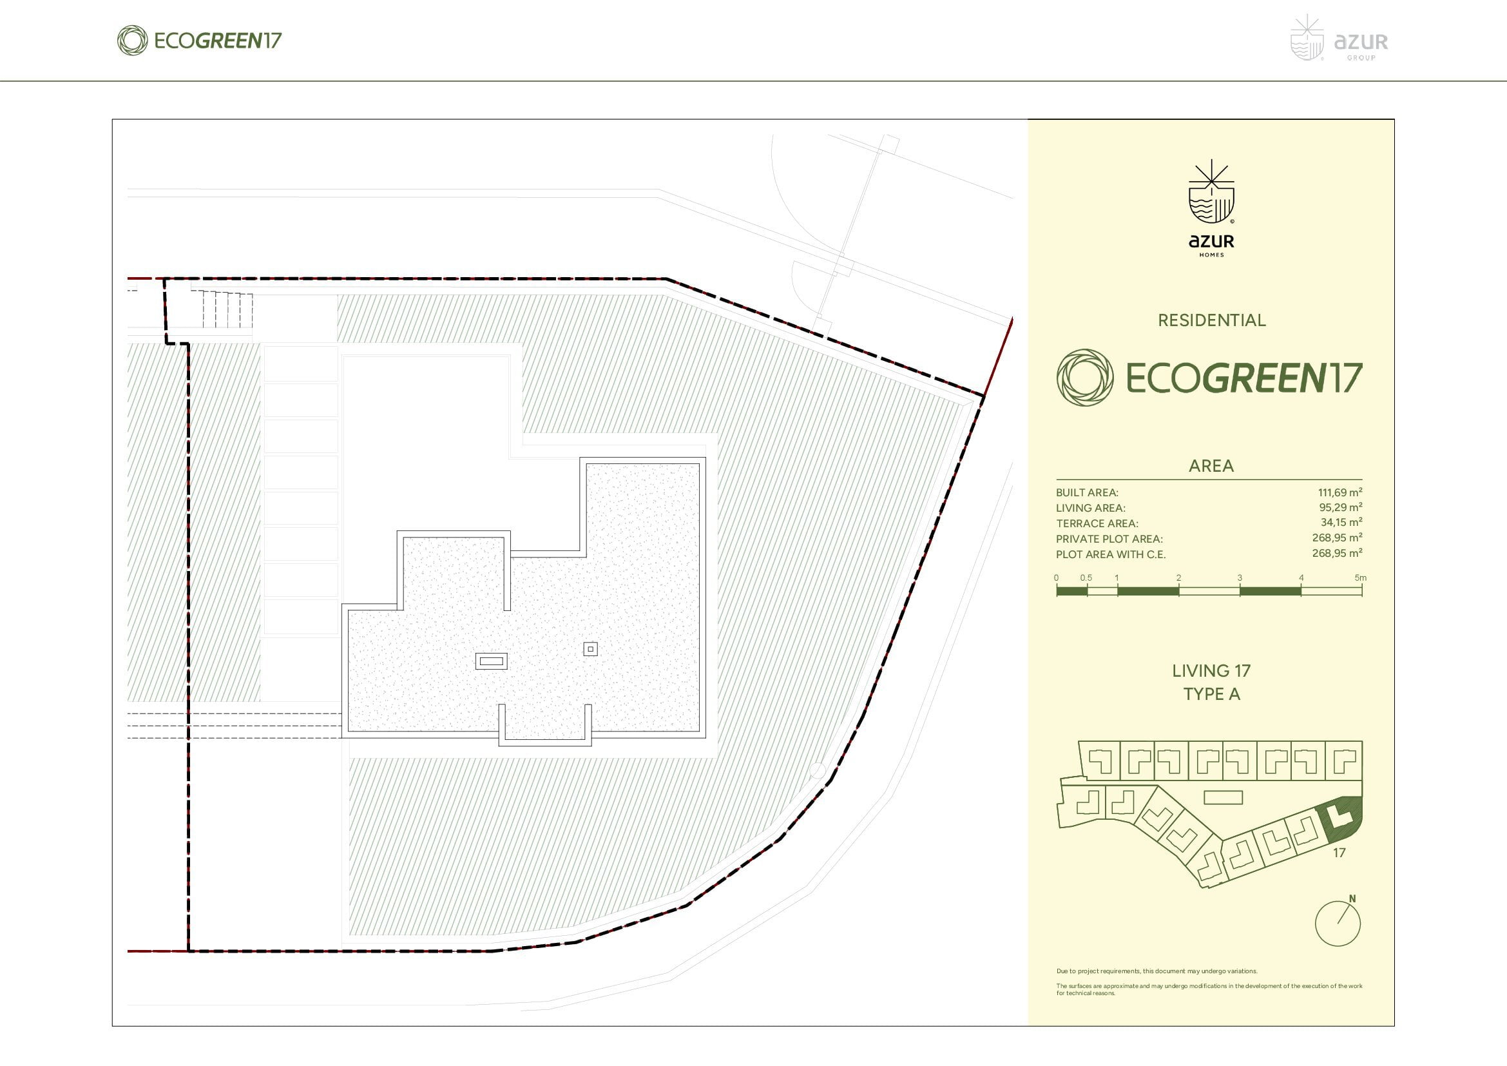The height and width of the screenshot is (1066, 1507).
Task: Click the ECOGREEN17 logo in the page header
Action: tap(199, 41)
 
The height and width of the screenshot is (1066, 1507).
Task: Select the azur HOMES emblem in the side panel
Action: tap(1211, 208)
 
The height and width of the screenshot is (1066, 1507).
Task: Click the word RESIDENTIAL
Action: tap(1212, 320)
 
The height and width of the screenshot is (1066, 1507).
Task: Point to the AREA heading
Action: tap(1211, 466)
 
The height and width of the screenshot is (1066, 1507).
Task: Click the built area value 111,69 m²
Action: tap(1339, 492)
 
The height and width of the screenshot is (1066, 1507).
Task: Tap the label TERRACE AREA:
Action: tap(1097, 524)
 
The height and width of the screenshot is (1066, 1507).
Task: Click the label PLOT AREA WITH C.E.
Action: tap(1111, 555)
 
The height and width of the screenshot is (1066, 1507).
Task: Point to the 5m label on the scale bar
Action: tap(1361, 577)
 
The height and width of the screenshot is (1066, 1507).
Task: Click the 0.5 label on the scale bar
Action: tap(1086, 577)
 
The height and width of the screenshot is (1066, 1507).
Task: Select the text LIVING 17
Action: tap(1211, 671)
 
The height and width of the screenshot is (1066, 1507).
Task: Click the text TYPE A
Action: tap(1211, 695)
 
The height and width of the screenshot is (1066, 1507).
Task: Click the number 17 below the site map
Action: tap(1339, 853)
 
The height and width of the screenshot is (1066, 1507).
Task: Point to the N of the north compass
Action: tap(1352, 898)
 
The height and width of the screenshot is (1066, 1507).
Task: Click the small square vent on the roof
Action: tap(591, 649)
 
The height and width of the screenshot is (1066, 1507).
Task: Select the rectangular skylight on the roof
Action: tap(492, 661)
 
